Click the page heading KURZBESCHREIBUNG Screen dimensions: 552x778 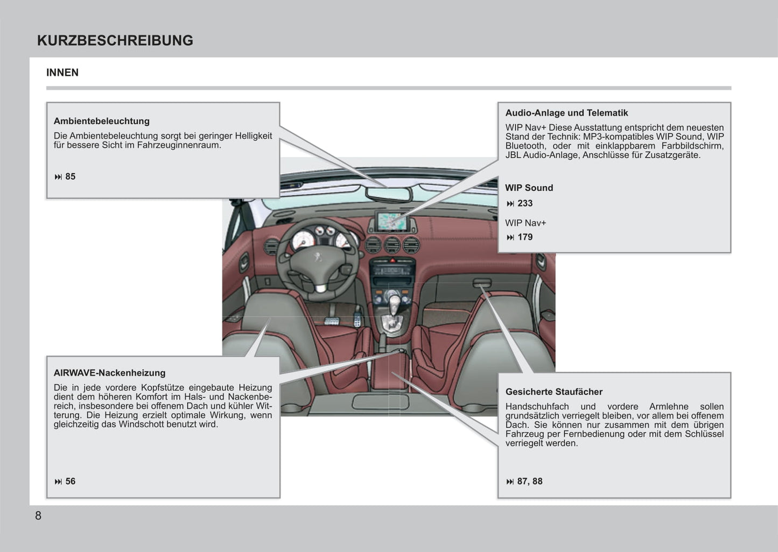pyautogui.click(x=115, y=40)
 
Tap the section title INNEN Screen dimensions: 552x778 pyautogui.click(x=62, y=73)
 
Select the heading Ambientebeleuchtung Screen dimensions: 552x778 pyautogui.click(x=101, y=121)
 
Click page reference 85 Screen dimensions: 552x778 pyautogui.click(x=70, y=176)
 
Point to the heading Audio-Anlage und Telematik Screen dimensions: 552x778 pyautogui.click(x=566, y=113)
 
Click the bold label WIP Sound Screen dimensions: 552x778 pyautogui.click(x=529, y=188)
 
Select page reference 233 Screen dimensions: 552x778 pyautogui.click(x=524, y=203)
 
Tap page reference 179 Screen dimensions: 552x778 pyautogui.click(x=524, y=237)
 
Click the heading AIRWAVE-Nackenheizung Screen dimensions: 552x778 pyautogui.click(x=109, y=373)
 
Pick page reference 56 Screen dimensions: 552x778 pyautogui.click(x=70, y=482)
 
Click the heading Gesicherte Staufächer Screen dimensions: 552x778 pyautogui.click(x=553, y=392)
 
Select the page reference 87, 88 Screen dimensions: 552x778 pyautogui.click(x=529, y=482)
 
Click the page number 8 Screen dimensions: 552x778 pyautogui.click(x=38, y=515)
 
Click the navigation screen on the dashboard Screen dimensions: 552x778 pyautogui.click(x=392, y=221)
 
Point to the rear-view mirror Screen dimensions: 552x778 pyautogui.click(x=388, y=194)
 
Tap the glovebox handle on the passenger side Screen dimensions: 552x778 pyautogui.click(x=482, y=283)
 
